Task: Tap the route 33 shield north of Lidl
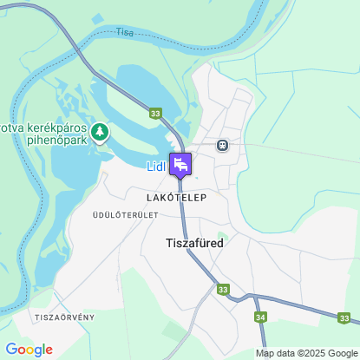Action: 155,114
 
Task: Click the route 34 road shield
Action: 261,317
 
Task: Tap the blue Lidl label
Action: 156,167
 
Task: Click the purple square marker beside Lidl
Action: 180,163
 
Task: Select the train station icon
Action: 222,145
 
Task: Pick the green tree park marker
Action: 101,132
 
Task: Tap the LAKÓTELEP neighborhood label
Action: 176,198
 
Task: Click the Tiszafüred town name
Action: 193,243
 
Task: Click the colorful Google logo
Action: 29,350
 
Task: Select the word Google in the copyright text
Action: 339,353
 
